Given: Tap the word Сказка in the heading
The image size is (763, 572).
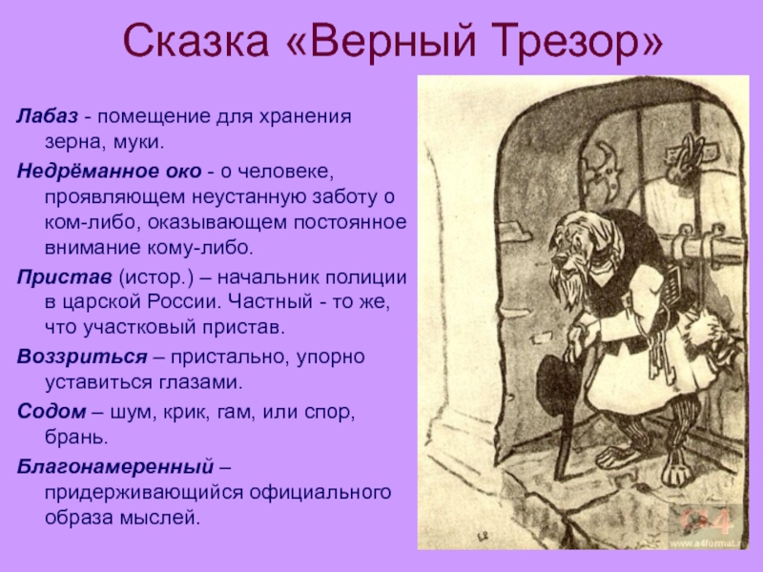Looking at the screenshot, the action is [196, 40].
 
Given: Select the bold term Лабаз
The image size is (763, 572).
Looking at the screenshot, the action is [47, 116].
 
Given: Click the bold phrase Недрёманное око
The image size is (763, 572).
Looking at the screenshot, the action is [109, 172].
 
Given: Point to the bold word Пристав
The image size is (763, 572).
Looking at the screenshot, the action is [64, 277].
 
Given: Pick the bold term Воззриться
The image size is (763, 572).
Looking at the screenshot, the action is [82, 357].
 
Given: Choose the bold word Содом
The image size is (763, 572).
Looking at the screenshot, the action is [52, 412].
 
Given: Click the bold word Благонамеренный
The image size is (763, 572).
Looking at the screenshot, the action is [115, 467].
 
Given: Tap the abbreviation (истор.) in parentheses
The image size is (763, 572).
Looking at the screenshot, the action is [156, 277].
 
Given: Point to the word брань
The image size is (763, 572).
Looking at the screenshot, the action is [76, 438].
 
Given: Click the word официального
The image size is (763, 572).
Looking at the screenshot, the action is [320, 492].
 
